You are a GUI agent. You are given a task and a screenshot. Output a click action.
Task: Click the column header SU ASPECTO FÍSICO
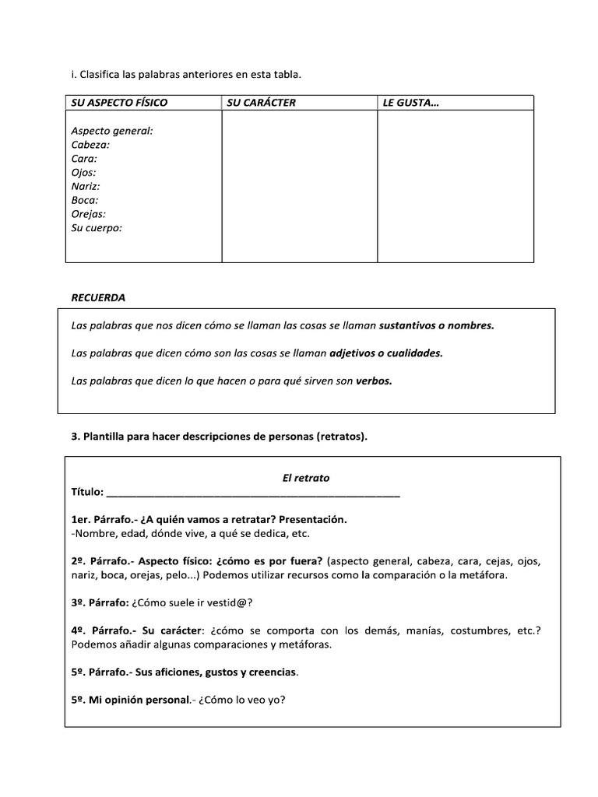click(x=119, y=103)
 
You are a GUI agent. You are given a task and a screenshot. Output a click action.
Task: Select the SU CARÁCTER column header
click(x=262, y=103)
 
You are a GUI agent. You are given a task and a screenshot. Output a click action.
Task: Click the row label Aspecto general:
click(x=112, y=131)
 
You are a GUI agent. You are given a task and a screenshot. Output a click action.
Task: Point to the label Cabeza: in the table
click(x=90, y=145)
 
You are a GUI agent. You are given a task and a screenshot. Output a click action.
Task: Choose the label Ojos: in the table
click(x=83, y=173)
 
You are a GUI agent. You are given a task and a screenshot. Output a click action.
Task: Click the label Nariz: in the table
click(x=86, y=186)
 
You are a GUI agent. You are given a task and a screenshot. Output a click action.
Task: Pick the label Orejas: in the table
click(x=89, y=214)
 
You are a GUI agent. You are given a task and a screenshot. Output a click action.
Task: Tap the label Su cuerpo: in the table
click(x=97, y=228)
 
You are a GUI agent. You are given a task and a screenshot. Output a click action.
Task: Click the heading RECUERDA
click(x=98, y=297)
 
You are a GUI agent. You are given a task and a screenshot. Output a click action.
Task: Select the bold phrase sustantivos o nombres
click(x=437, y=325)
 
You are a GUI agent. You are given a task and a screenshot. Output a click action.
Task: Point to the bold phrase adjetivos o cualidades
click(x=386, y=353)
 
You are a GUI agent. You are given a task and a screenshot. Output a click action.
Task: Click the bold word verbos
click(x=375, y=381)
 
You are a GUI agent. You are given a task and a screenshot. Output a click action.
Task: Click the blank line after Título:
click(x=252, y=493)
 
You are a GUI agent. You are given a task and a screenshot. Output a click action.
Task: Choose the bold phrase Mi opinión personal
click(x=139, y=699)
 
